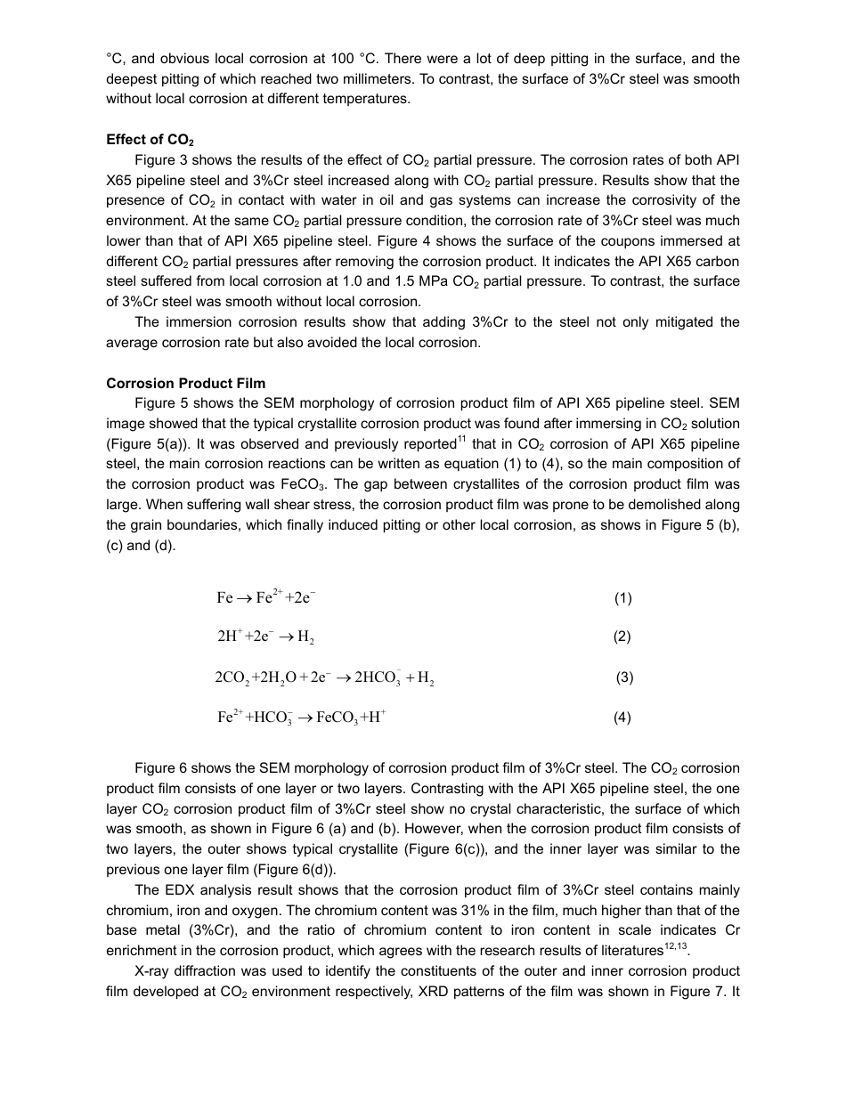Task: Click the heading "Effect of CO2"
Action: (150, 140)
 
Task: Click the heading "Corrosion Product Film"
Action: (185, 383)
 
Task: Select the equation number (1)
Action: (622, 598)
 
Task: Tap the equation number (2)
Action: (622, 637)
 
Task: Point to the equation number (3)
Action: (624, 677)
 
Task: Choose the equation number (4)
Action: (622, 718)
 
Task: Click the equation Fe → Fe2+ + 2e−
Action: (265, 597)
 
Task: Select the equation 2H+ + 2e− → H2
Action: (265, 637)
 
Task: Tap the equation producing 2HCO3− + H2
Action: (324, 677)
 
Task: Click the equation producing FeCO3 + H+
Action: (301, 718)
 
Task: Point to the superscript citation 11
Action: (461, 440)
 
